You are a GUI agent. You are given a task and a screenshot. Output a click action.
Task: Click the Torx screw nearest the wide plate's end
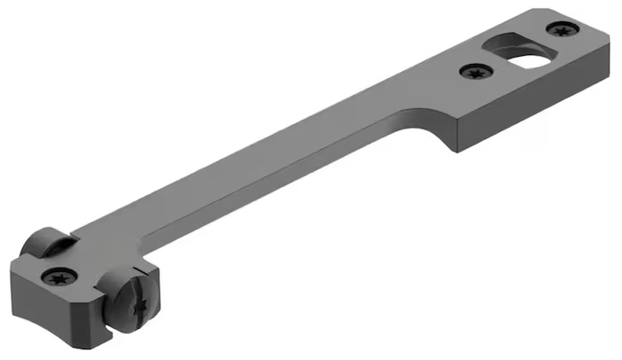[559, 30]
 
